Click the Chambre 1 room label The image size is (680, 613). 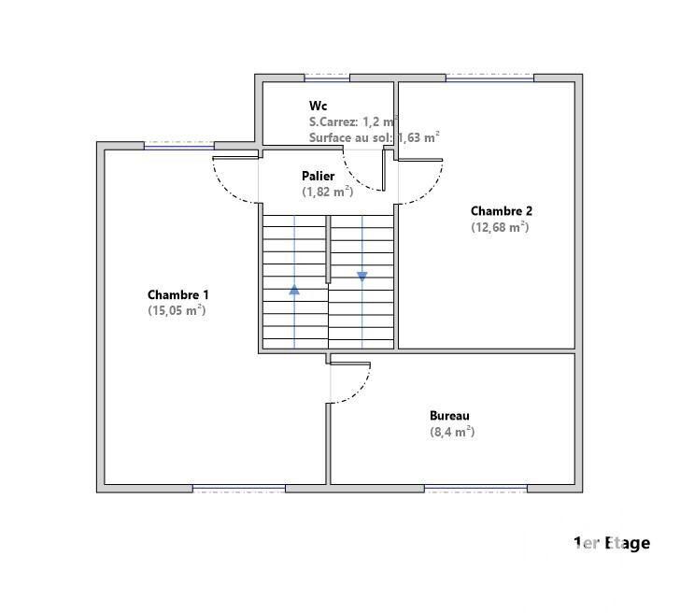(177, 295)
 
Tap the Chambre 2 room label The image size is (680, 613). (501, 211)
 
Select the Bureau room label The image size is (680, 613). (449, 416)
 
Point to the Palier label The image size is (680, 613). (318, 176)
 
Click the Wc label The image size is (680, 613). (319, 106)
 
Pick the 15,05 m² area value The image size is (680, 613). (177, 310)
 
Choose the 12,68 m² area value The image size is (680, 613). (500, 227)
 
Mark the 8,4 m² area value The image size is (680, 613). (452, 432)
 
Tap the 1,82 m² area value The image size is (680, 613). (327, 192)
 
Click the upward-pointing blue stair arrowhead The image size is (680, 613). (294, 289)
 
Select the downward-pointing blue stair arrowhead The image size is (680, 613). (361, 277)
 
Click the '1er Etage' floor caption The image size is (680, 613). (611, 543)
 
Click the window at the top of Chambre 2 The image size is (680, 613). (489, 78)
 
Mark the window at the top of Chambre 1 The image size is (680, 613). (178, 145)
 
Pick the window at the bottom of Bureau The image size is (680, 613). (475, 488)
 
